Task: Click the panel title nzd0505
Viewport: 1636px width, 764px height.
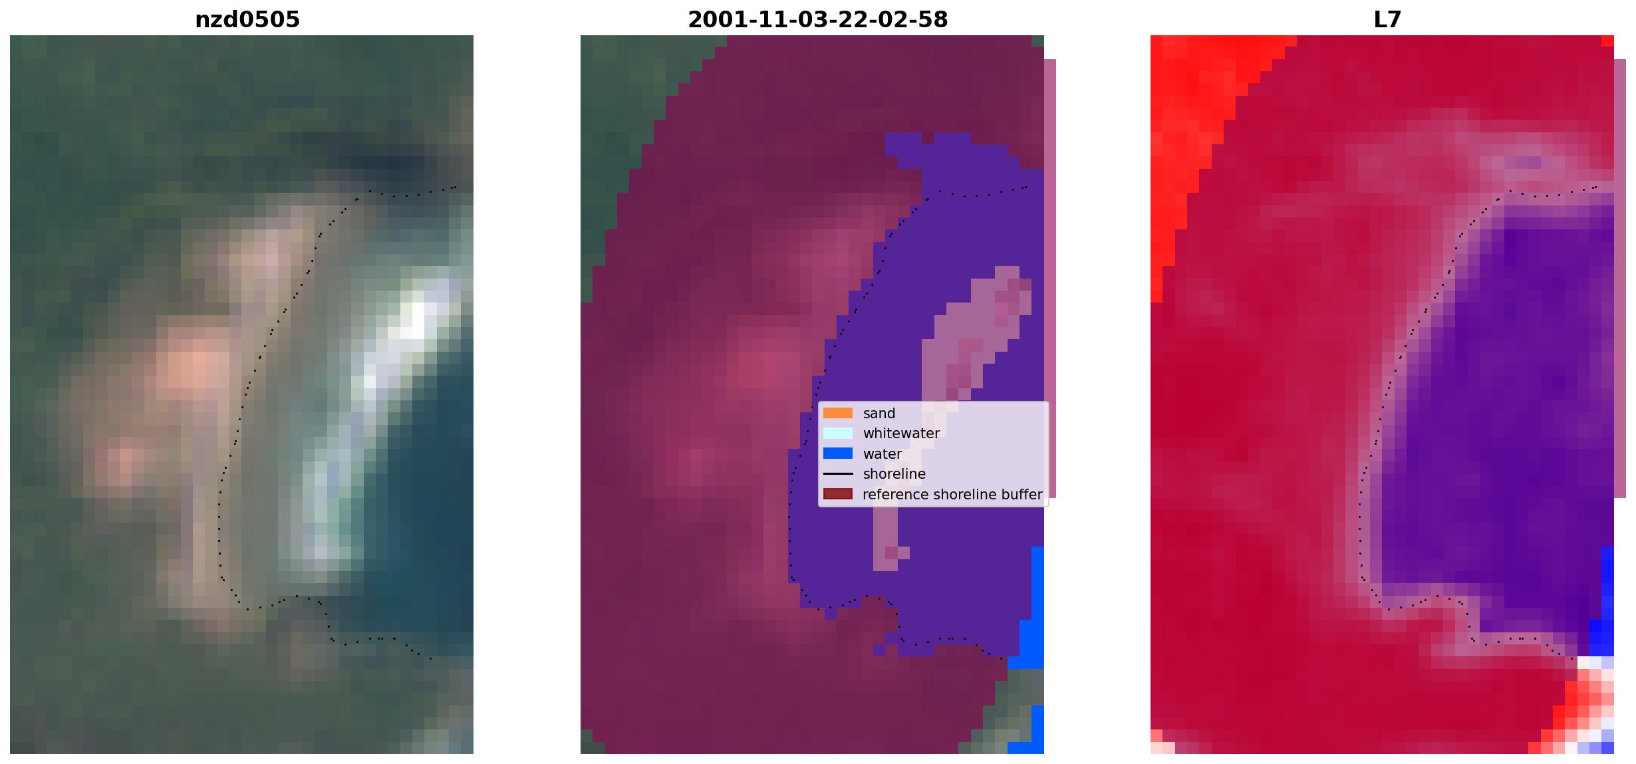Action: (247, 20)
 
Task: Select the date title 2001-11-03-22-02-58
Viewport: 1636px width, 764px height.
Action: (817, 20)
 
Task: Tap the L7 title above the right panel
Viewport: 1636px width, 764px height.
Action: (1387, 20)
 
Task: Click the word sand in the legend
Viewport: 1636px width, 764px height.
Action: (879, 413)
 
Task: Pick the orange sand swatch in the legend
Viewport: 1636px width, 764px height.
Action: (838, 413)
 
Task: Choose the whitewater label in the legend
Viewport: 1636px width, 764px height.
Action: (901, 434)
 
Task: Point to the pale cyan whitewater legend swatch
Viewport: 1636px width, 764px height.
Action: (838, 434)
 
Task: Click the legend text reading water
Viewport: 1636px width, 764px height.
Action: (882, 454)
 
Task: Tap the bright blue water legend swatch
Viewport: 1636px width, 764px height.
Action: (838, 453)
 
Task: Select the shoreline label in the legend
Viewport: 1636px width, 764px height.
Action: (894, 474)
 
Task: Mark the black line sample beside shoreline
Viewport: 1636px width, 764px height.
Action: (838, 474)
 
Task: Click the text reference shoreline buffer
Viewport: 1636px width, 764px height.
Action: (952, 495)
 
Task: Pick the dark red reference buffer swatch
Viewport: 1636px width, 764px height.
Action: (838, 494)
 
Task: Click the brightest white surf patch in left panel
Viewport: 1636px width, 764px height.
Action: (418, 320)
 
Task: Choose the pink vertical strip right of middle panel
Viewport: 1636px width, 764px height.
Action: (1050, 279)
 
